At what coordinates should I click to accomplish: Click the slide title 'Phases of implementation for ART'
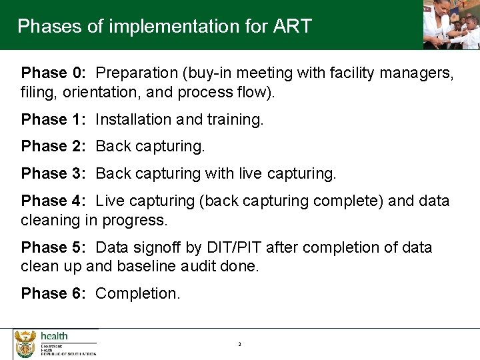tap(164, 26)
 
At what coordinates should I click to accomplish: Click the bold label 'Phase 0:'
tap(53, 73)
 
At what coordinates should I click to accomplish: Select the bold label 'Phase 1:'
tap(53, 119)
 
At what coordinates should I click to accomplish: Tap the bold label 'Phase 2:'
tap(53, 146)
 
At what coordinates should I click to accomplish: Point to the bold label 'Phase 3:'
tap(53, 174)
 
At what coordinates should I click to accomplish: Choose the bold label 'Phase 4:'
tap(53, 201)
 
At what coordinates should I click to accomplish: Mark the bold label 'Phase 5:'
tap(53, 247)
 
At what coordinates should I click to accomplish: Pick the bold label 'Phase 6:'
tap(53, 293)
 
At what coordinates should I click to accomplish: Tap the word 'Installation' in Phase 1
tap(133, 119)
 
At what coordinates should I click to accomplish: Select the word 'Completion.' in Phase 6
tap(137, 293)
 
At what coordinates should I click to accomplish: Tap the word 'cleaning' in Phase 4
tap(50, 219)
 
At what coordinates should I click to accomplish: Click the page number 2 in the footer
tap(239, 344)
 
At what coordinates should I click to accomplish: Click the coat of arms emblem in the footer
tap(25, 344)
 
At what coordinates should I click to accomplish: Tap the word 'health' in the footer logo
tap(54, 336)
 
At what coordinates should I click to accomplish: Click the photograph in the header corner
tap(451, 25)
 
